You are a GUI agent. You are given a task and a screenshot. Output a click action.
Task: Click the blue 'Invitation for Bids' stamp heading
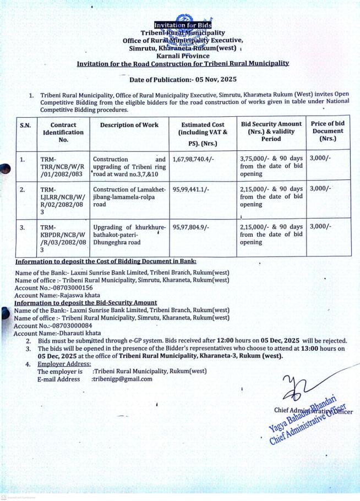point(179,25)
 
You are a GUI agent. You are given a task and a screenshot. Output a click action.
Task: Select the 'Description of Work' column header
point(129,125)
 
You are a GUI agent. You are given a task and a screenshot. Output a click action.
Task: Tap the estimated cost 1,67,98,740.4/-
point(195,159)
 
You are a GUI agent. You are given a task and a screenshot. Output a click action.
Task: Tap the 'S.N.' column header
point(25,125)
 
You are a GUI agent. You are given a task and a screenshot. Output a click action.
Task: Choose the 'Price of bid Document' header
point(328,131)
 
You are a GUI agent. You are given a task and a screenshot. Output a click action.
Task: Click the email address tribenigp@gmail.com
point(122,379)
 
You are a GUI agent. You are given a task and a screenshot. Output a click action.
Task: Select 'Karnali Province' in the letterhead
point(179,56)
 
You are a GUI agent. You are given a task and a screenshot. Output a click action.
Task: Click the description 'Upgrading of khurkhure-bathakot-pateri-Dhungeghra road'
point(129,234)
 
